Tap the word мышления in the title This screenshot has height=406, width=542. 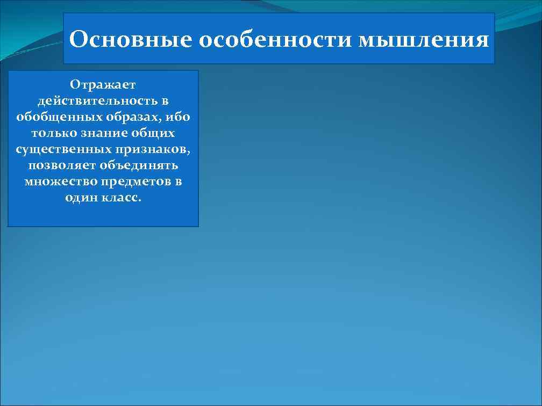click(x=424, y=40)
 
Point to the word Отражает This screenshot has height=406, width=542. click(x=103, y=84)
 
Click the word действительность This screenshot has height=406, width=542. click(x=97, y=100)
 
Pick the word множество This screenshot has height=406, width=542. click(x=56, y=181)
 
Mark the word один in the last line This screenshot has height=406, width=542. click(x=80, y=197)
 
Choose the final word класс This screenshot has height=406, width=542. click(x=121, y=197)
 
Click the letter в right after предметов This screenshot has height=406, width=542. click(x=178, y=181)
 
